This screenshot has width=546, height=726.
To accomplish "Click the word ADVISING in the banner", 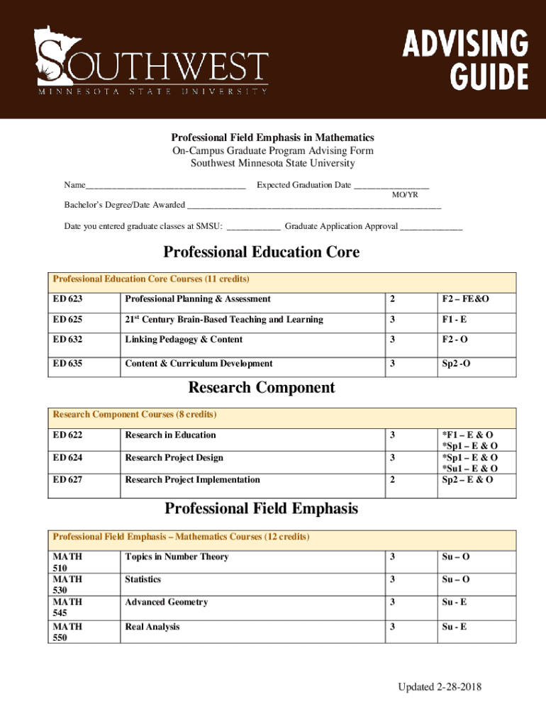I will pos(465,45).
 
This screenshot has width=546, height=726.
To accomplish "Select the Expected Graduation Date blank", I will pos(391,186).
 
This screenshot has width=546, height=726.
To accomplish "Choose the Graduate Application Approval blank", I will pos(431,228).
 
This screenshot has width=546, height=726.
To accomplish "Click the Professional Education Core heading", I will pos(262,252).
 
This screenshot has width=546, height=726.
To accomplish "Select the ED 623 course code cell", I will pos(67,299).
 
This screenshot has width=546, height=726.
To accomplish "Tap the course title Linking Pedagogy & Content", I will pos(184,340).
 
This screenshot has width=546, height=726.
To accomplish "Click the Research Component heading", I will pos(262,388).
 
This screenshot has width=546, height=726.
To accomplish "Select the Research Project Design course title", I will pos(174,458).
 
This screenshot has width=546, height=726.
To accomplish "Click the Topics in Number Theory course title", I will pos(177,557).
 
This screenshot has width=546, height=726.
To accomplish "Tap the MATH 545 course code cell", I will pos(67,608).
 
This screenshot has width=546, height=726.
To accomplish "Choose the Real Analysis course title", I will pos(152,627).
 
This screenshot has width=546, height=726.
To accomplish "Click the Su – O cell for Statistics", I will pos(455,580).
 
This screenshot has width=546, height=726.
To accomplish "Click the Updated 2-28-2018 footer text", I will pos(439,688).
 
